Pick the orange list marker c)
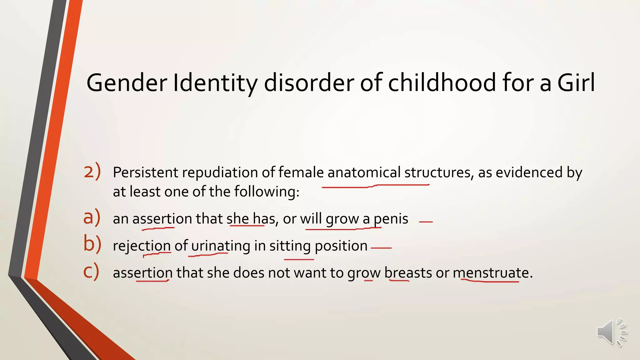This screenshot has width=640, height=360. (91, 271)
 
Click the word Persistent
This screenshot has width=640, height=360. (145, 172)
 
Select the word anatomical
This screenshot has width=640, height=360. (364, 172)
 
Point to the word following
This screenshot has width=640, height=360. (267, 192)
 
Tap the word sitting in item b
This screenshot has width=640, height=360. (290, 246)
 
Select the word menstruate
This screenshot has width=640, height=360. (491, 273)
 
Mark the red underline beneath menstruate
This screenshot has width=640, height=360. (491, 282)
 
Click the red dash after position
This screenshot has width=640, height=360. (381, 248)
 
